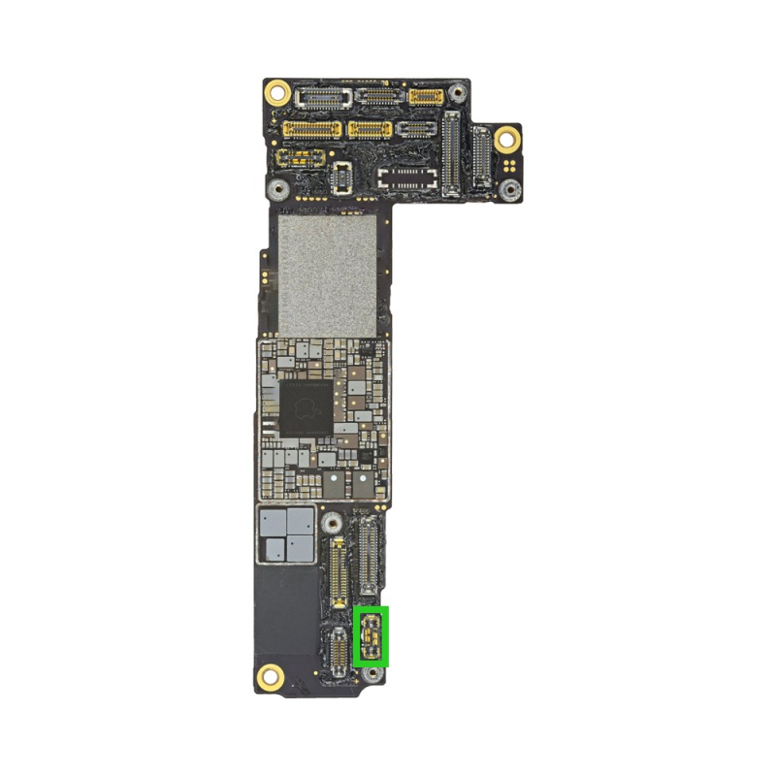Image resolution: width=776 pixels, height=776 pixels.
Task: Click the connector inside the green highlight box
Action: pyautogui.click(x=371, y=636)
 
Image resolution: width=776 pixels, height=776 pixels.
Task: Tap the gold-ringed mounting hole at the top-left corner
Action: pyautogui.click(x=277, y=93)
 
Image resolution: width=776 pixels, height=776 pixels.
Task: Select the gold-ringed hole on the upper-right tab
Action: pyautogui.click(x=505, y=140)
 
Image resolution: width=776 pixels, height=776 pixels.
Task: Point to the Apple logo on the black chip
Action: pyautogui.click(x=305, y=410)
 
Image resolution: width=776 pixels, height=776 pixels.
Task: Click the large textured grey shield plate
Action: pyautogui.click(x=326, y=275)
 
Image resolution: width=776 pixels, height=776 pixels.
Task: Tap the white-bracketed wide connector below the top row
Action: pyautogui.click(x=411, y=177)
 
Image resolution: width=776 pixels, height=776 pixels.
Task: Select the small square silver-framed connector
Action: pyautogui.click(x=342, y=176)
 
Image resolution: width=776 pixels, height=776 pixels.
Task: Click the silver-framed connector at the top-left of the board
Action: pyautogui.click(x=324, y=96)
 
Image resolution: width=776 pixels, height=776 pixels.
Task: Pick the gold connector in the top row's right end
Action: pyautogui.click(x=426, y=96)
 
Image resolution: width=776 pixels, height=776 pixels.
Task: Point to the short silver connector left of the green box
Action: pyautogui.click(x=337, y=651)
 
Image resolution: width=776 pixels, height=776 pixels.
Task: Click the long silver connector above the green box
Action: pyautogui.click(x=370, y=556)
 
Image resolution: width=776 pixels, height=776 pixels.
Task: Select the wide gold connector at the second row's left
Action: pyautogui.click(x=310, y=129)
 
